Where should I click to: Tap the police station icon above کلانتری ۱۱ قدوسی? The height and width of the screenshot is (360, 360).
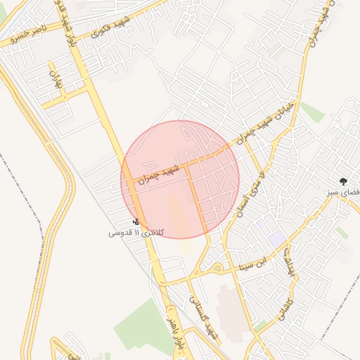[x=136, y=221]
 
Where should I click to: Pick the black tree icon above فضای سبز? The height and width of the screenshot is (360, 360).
[x=343, y=181]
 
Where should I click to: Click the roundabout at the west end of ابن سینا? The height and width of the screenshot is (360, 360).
[x=217, y=268]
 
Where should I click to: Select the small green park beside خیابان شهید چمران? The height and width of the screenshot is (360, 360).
[x=313, y=112]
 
